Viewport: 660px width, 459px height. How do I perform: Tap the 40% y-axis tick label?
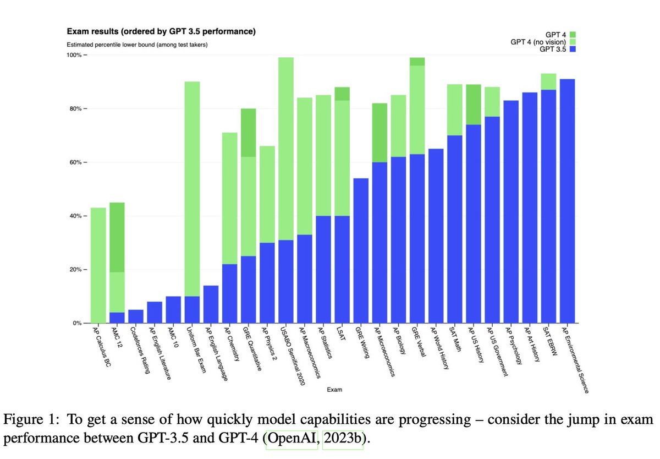pyautogui.click(x=75, y=216)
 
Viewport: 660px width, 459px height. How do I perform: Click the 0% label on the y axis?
pyautogui.click(x=77, y=323)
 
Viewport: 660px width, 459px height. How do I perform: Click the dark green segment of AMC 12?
pyautogui.click(x=117, y=237)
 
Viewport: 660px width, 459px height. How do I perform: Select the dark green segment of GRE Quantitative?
pyautogui.click(x=249, y=133)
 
